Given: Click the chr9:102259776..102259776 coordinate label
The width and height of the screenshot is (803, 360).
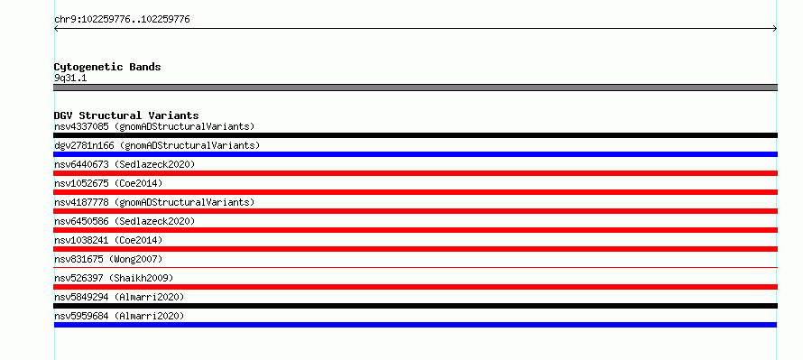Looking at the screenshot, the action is [x=122, y=20].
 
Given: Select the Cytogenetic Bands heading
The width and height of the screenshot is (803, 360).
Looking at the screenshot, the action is [x=107, y=67].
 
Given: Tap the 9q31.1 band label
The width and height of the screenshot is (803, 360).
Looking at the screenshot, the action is [x=70, y=78].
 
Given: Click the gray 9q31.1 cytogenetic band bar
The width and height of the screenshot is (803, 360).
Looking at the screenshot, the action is [x=415, y=88].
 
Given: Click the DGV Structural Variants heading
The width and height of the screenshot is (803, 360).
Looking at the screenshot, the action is [x=126, y=115].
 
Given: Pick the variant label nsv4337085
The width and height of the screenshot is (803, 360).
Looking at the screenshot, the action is [x=81, y=126].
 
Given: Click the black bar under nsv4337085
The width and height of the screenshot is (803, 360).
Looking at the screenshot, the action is [x=415, y=135].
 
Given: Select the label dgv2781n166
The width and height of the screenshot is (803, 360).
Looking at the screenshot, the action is [x=84, y=145].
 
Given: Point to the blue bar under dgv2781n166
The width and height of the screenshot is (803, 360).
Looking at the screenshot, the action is [x=415, y=154].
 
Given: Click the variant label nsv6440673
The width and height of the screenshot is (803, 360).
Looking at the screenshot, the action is [x=81, y=164].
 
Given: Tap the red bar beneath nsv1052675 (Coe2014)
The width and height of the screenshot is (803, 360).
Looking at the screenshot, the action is [x=415, y=192].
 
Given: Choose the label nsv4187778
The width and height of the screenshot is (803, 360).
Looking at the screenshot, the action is [x=81, y=202].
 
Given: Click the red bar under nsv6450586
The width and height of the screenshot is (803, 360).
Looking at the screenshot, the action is [x=415, y=230].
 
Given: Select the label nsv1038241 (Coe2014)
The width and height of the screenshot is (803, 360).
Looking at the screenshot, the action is [x=108, y=240].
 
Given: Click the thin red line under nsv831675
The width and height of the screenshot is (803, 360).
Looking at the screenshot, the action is [x=415, y=267].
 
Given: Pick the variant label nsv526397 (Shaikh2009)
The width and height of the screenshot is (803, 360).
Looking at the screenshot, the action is [x=114, y=278].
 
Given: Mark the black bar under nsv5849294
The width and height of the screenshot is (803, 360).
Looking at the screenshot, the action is [x=415, y=306].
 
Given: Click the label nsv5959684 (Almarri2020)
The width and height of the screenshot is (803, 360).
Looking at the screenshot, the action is [x=119, y=316].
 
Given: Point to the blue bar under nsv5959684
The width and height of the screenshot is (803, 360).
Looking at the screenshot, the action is [x=415, y=325].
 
